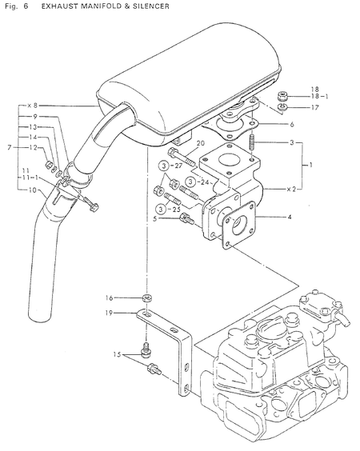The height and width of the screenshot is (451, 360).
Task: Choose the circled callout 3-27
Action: click(166, 165)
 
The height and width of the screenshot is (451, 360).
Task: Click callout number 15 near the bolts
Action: click(118, 354)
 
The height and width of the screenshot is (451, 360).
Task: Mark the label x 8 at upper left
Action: click(33, 105)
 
